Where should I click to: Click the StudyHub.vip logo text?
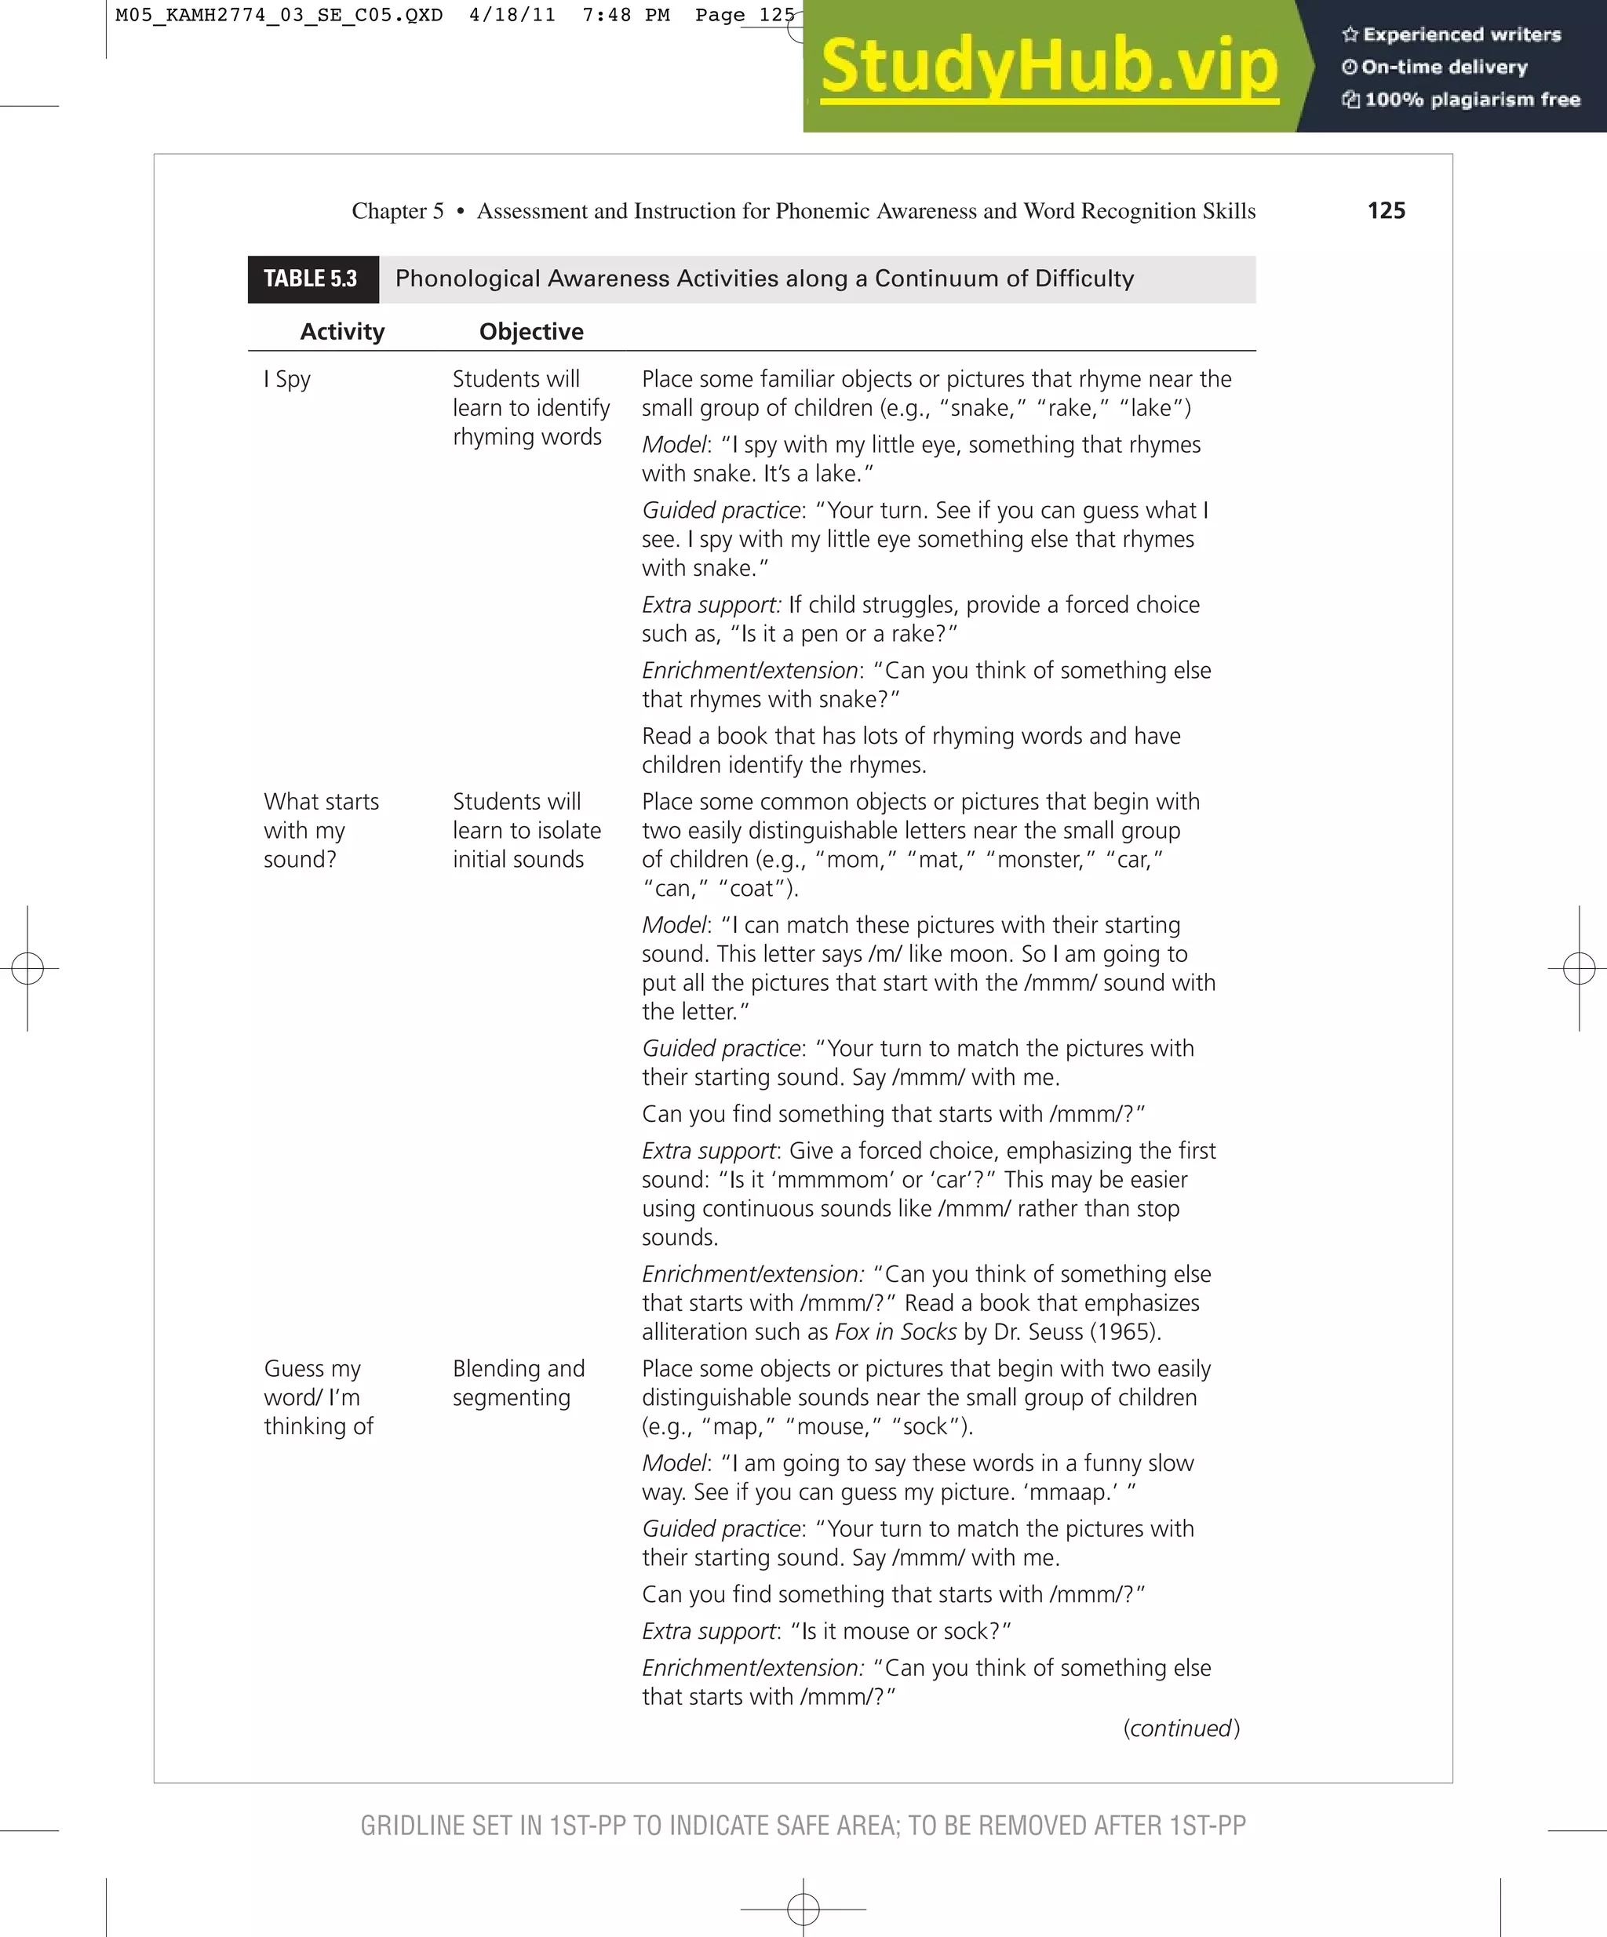pyautogui.click(x=1049, y=67)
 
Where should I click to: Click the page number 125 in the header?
pyautogui.click(x=1386, y=211)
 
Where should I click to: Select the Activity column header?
pyautogui.click(x=342, y=332)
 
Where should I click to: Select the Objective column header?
pyautogui.click(x=531, y=332)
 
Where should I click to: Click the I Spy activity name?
pyautogui.click(x=288, y=379)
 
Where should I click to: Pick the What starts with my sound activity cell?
pyautogui.click(x=320, y=830)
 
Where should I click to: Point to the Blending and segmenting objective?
pyautogui.click(x=519, y=1382)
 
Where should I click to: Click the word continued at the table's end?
pyautogui.click(x=1182, y=1728)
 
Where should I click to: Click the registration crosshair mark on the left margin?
pyautogui.click(x=27, y=968)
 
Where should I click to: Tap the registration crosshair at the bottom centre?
pyautogui.click(x=803, y=1907)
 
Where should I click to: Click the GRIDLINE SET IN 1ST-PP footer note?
pyautogui.click(x=803, y=1826)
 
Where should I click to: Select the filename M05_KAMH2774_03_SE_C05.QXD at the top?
pyautogui.click(x=279, y=16)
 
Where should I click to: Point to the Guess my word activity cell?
pyautogui.click(x=319, y=1397)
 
